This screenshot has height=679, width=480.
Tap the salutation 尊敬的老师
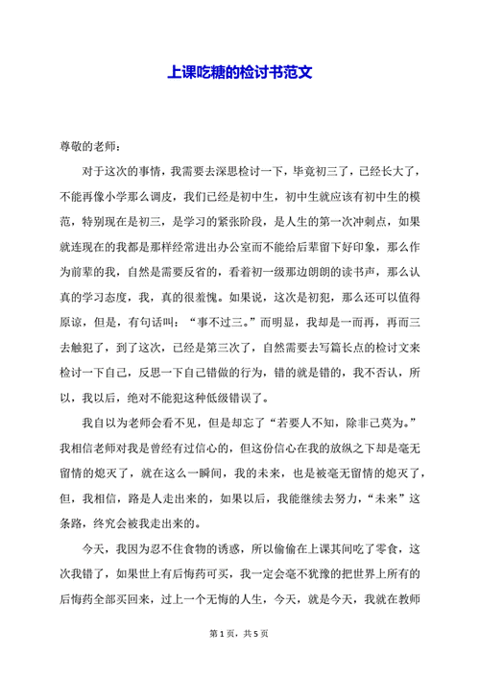click(87, 147)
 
